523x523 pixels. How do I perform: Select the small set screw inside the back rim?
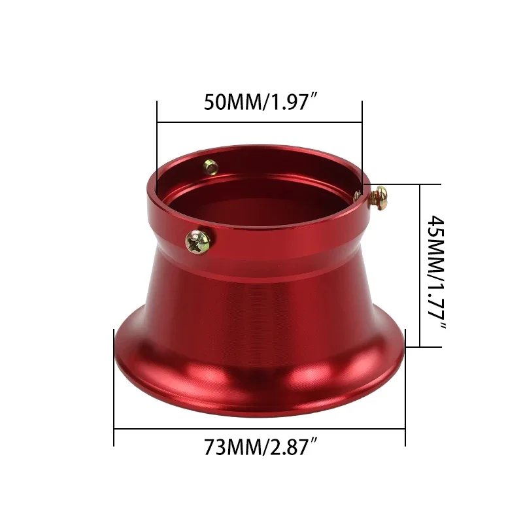click(210, 167)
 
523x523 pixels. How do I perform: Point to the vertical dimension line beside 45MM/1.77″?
click(420, 265)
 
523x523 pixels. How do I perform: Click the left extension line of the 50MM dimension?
click(157, 144)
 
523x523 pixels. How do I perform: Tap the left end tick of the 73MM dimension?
click(114, 392)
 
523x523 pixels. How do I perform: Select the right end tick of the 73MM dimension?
click(405, 392)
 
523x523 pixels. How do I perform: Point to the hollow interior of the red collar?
click(261, 190)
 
